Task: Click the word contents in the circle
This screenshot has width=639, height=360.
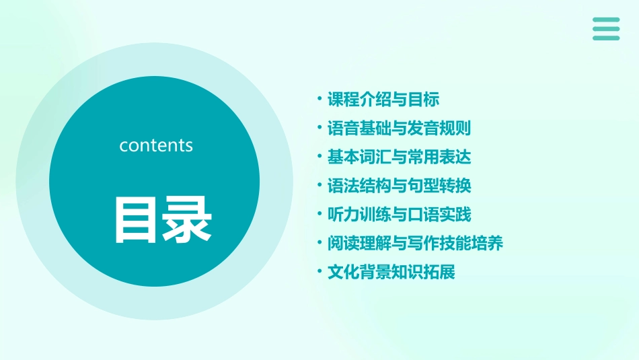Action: [156, 145]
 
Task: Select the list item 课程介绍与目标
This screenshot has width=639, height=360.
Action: [383, 100]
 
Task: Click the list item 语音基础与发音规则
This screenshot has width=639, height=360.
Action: [399, 129]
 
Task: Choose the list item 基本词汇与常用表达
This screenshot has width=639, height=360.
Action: [399, 157]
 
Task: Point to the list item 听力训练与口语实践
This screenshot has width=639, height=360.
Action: [399, 215]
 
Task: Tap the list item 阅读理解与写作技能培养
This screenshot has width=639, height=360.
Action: [415, 244]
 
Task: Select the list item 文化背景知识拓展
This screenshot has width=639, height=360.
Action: [391, 273]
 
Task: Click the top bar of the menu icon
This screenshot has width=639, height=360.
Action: [606, 20]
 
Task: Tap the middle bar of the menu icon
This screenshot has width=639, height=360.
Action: [606, 29]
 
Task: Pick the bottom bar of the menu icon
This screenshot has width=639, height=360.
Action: [606, 38]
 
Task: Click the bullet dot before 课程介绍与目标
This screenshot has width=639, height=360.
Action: [320, 100]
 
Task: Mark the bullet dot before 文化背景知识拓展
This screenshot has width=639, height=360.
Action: [320, 273]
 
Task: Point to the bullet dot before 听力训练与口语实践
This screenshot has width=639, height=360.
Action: [320, 215]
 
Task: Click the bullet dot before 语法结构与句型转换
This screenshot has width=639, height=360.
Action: [320, 186]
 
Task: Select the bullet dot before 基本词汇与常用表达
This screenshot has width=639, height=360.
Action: [320, 157]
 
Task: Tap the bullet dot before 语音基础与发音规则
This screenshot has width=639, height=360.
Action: [320, 129]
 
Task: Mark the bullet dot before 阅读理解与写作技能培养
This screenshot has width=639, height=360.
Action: [320, 244]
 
